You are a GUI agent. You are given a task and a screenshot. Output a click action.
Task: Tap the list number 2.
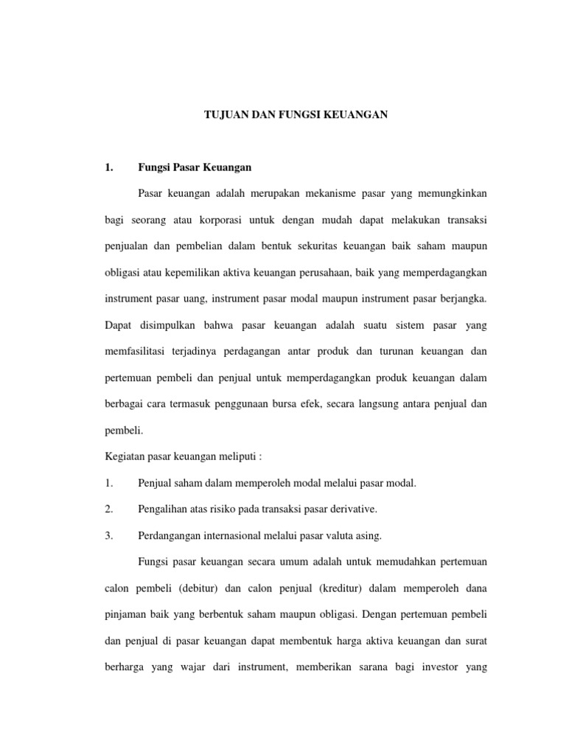[108, 509]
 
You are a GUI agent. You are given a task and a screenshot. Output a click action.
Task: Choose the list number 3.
[108, 536]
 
